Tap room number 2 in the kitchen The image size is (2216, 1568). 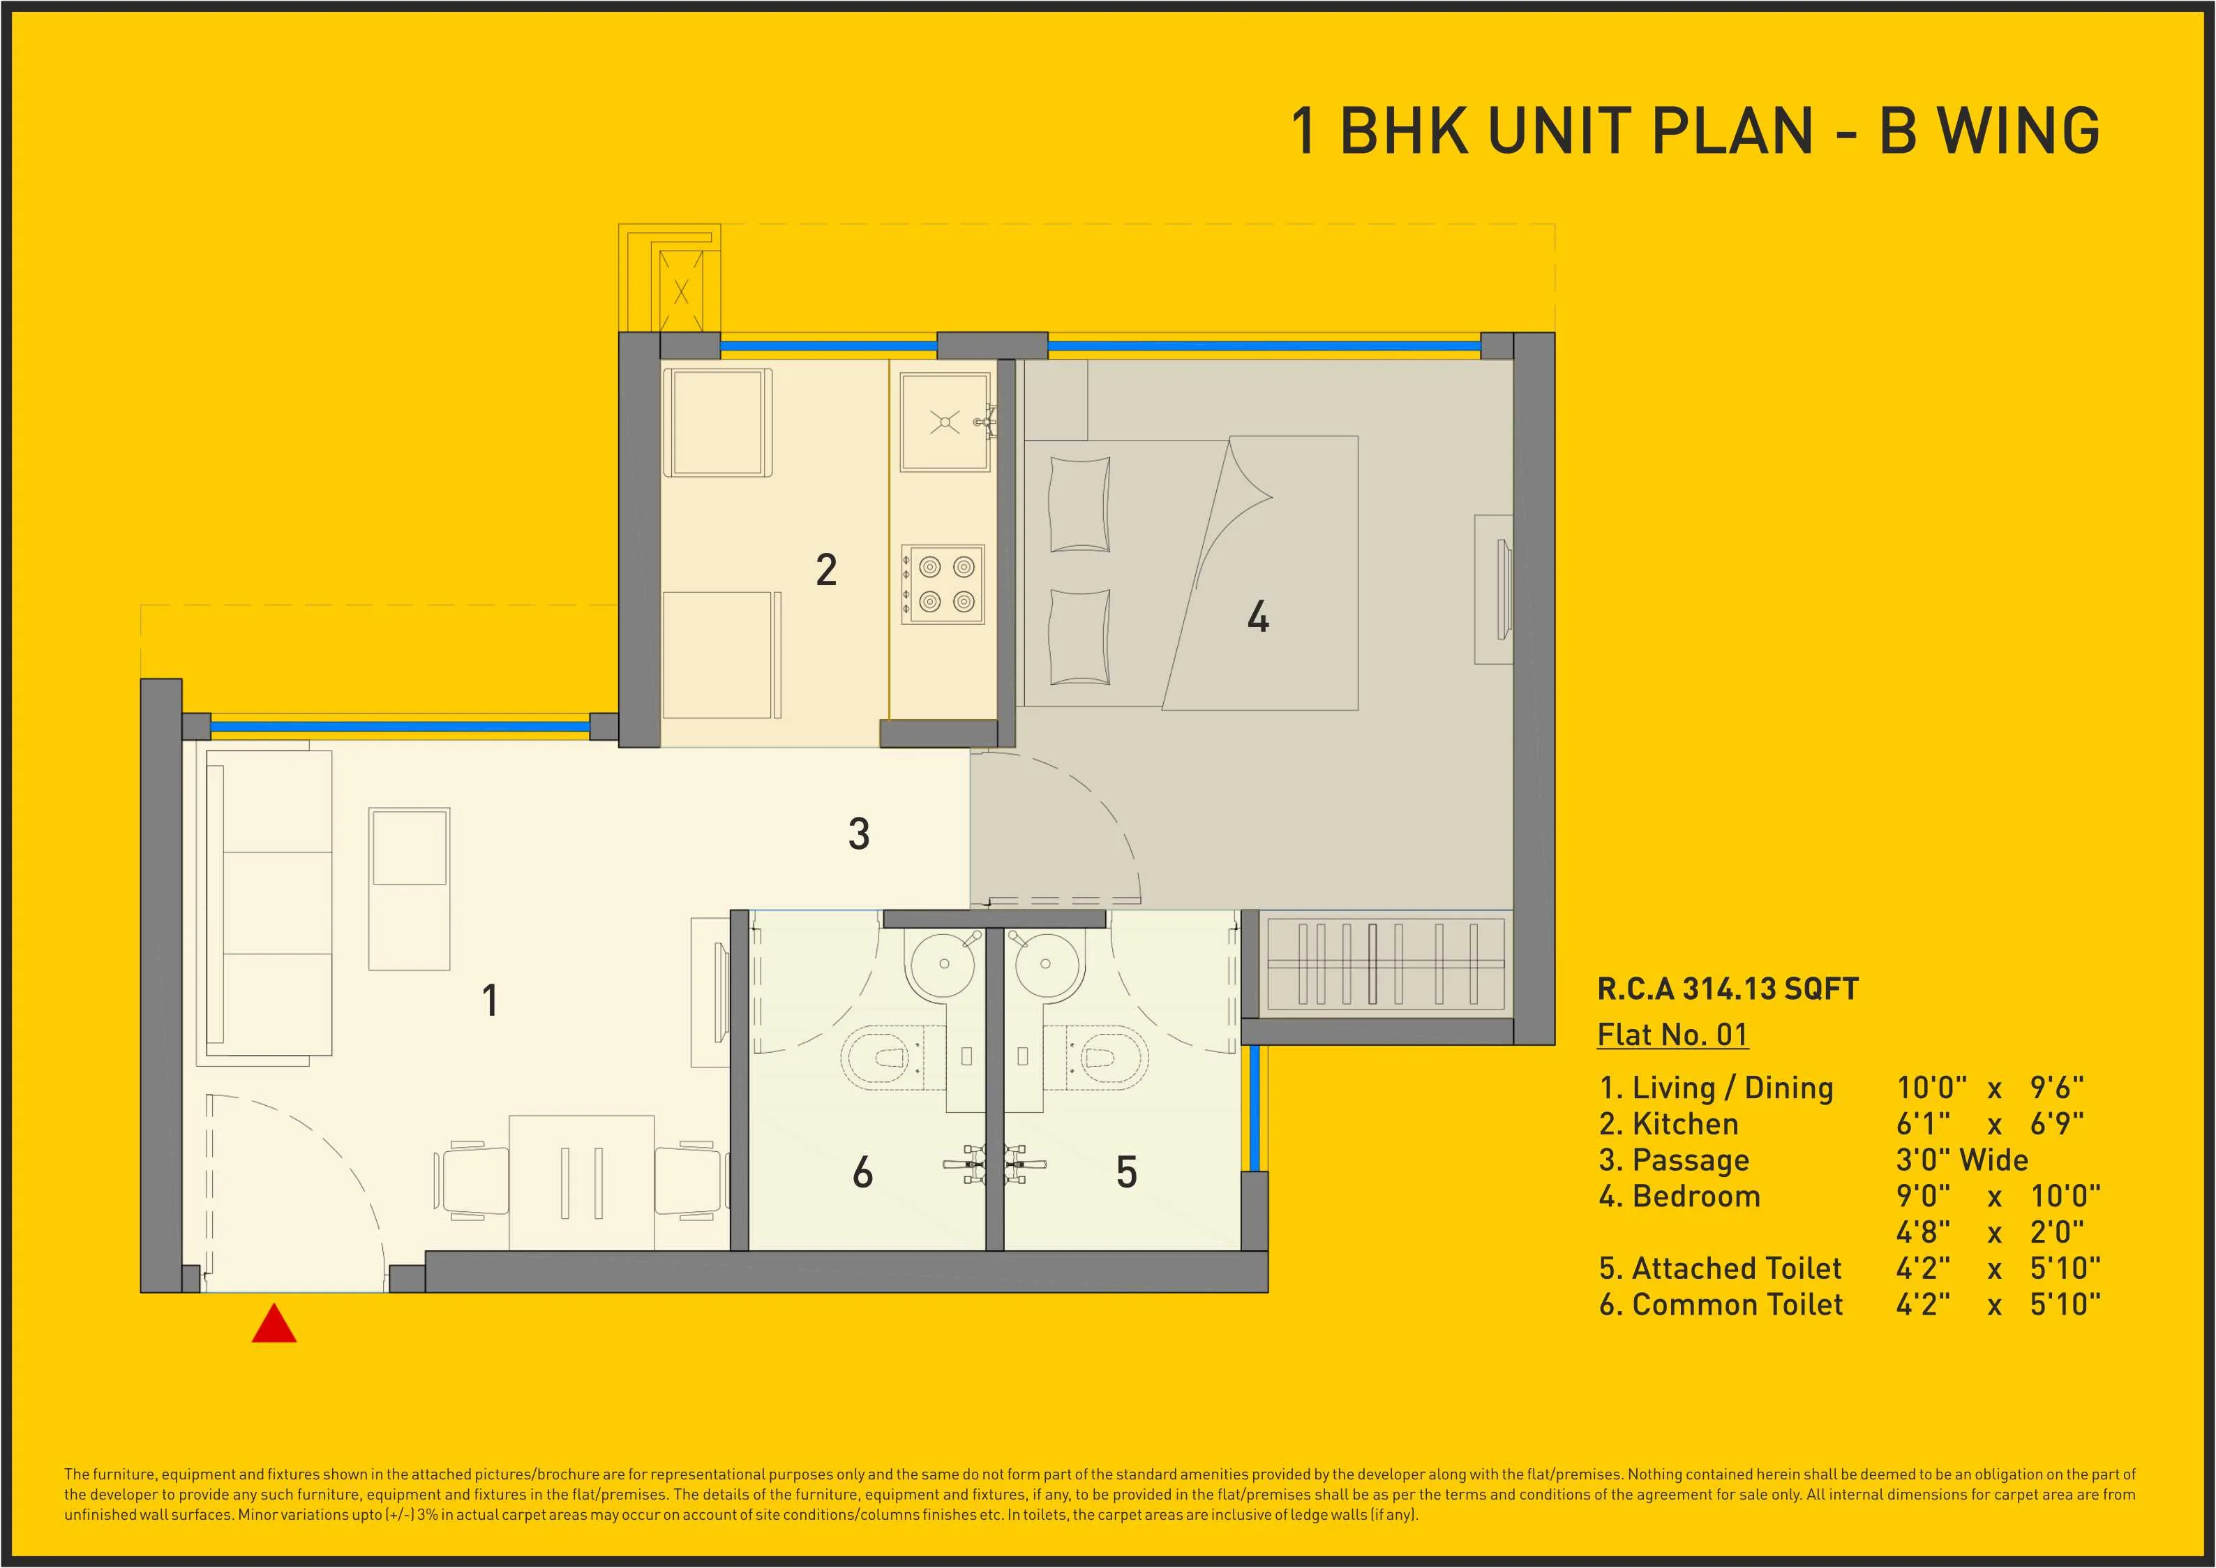(826, 570)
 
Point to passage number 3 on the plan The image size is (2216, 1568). (858, 834)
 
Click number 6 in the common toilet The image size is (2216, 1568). (863, 1172)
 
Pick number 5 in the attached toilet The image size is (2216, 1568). (1126, 1172)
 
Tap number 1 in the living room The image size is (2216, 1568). (491, 1000)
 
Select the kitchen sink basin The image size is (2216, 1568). (945, 422)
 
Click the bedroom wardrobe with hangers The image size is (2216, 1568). (1385, 963)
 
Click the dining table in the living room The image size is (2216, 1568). (582, 1183)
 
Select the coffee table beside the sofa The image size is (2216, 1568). (410, 888)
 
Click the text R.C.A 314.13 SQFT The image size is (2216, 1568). (1728, 989)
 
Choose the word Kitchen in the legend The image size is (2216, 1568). (1684, 1124)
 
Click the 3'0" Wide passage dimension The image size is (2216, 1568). (1961, 1160)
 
